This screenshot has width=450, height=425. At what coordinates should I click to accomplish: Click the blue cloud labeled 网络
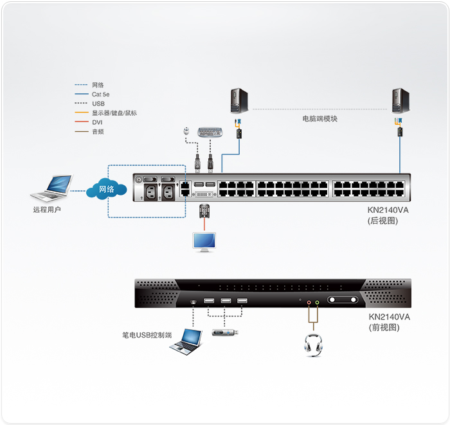click(x=107, y=189)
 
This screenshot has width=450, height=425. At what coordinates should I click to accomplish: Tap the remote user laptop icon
click(x=51, y=188)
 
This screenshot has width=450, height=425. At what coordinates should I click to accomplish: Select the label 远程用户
click(x=47, y=210)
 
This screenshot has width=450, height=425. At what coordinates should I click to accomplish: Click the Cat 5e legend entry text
click(x=100, y=95)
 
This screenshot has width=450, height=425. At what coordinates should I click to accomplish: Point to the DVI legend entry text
click(x=97, y=122)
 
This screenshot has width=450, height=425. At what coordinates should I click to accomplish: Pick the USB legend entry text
click(x=98, y=104)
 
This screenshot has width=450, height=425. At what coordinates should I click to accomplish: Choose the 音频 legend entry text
click(x=98, y=132)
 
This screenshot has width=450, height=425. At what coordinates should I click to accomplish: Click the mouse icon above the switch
click(x=186, y=131)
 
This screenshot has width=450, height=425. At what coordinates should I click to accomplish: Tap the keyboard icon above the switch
click(x=210, y=132)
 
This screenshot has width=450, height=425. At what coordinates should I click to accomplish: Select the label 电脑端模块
click(x=319, y=119)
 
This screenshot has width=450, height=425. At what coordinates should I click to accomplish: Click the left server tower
click(x=239, y=100)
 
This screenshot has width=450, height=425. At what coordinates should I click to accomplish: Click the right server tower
click(x=401, y=101)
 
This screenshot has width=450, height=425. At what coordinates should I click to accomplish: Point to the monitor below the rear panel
click(x=204, y=242)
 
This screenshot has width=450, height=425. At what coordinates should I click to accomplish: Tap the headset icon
click(x=313, y=345)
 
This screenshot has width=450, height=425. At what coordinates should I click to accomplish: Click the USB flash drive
click(x=225, y=332)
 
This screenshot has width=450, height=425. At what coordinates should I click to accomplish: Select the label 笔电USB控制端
click(x=147, y=335)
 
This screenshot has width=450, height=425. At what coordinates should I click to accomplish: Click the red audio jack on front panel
click(x=309, y=302)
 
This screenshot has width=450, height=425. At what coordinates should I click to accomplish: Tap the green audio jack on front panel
click(x=317, y=302)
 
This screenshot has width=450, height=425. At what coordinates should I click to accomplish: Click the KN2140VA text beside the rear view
click(x=388, y=210)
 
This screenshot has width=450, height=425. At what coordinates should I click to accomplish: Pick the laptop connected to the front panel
click(x=186, y=342)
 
